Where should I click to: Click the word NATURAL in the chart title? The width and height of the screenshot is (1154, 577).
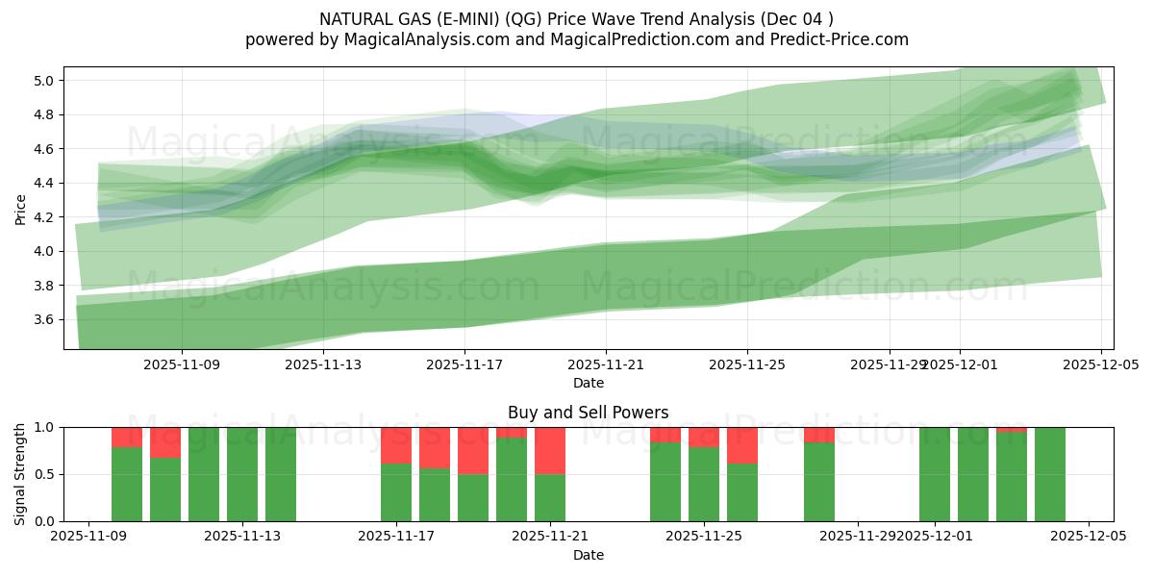pos(358,19)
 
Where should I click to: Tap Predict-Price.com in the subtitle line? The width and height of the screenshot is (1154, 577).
pos(838,39)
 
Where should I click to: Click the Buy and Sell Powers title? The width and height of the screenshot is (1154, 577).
pos(589,413)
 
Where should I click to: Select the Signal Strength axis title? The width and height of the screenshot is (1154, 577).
pos(20,474)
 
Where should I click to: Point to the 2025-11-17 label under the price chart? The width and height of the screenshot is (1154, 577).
pos(464,364)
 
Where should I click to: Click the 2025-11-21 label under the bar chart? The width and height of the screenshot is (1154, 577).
pos(550,537)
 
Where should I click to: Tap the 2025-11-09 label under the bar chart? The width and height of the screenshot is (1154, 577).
pos(88,537)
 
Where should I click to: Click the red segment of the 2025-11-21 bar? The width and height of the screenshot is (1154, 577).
pos(550,450)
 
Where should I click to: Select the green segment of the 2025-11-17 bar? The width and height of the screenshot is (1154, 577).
pos(396,492)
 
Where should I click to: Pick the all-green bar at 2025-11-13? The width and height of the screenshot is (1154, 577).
pos(242,474)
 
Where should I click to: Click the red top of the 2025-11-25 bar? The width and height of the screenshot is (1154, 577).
pos(704,437)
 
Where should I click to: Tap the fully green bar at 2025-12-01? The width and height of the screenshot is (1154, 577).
pos(935,474)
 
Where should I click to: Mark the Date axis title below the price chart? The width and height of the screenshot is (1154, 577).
pos(589,383)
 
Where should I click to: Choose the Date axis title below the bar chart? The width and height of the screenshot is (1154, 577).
pos(589,555)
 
